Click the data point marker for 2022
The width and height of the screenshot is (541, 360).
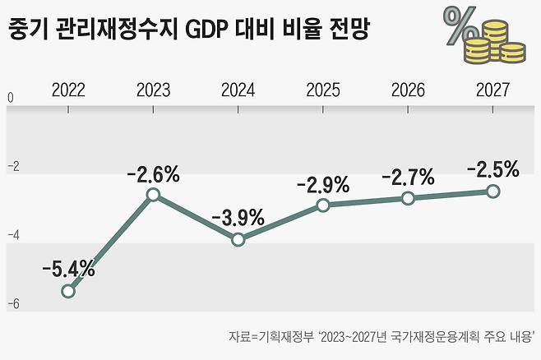pyautogui.click(x=68, y=291)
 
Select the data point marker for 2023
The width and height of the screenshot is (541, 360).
pyautogui.click(x=153, y=195)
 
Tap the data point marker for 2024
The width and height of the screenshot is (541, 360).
pyautogui.click(x=238, y=240)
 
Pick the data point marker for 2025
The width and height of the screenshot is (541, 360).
pyautogui.click(x=323, y=205)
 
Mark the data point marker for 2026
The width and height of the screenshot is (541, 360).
pyautogui.click(x=408, y=198)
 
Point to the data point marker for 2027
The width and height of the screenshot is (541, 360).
pyautogui.click(x=492, y=191)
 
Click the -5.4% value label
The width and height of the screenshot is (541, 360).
pyautogui.click(x=69, y=268)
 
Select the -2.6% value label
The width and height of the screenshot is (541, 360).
pyautogui.click(x=153, y=173)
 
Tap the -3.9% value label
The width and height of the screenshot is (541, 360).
pyautogui.click(x=238, y=218)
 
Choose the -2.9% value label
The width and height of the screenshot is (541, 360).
pyautogui.click(x=323, y=183)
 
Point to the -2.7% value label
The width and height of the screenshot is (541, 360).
pyautogui.click(x=408, y=177)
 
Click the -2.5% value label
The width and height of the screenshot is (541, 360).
pyautogui.click(x=492, y=170)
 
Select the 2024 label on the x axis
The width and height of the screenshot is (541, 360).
pyautogui.click(x=238, y=89)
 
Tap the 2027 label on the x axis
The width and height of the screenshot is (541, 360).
pyautogui.click(x=492, y=89)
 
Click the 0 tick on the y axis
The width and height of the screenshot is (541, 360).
pyautogui.click(x=11, y=99)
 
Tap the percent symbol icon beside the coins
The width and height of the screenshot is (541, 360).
pyautogui.click(x=460, y=26)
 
